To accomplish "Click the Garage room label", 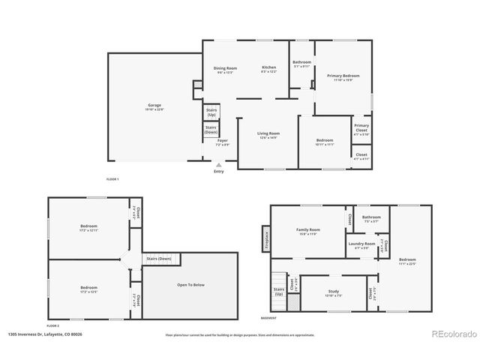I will coord(154,105).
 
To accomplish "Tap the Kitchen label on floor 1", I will coord(268,67).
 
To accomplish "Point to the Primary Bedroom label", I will coord(343,76).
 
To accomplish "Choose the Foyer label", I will coord(223,140).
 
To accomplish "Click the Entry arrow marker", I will coord(219,165).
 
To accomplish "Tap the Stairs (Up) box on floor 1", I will coord(211,112).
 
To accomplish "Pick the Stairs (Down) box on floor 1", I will coord(211,129).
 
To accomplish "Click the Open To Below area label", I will coord(190,285).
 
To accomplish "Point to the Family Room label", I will coord(307,229).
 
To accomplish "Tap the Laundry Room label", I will coord(361,244).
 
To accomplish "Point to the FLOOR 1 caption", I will coord(112,178).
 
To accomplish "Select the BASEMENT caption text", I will coord(268,318).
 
